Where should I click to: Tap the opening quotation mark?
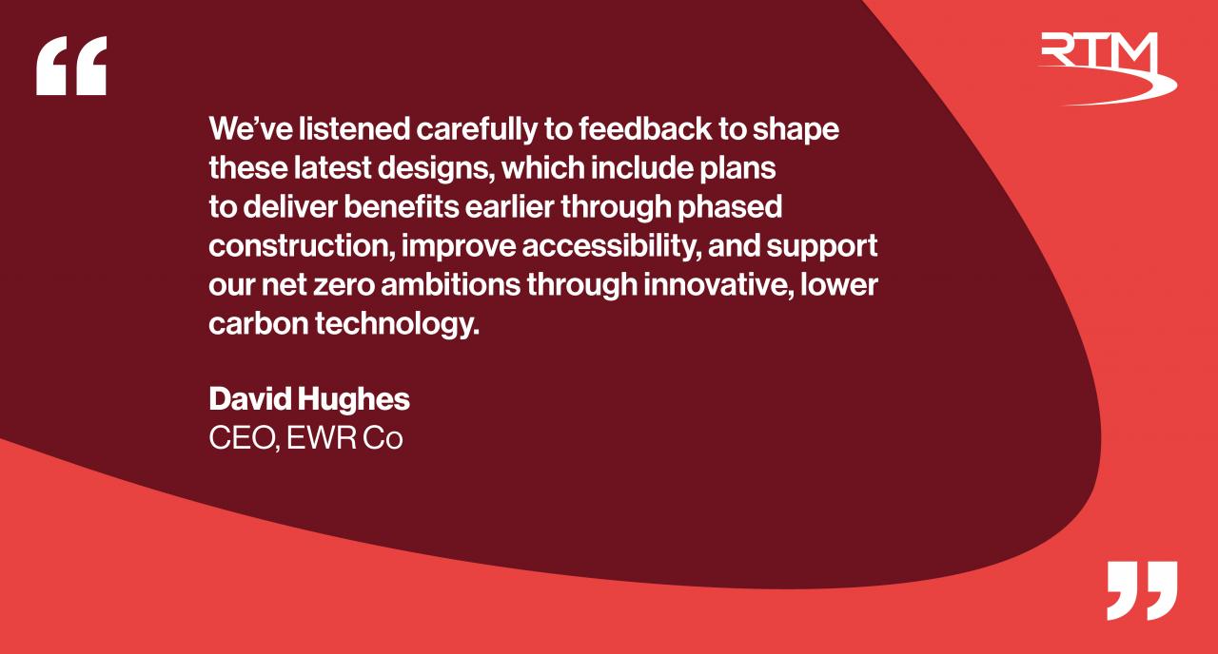tap(71, 66)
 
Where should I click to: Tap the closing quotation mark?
tap(1142, 590)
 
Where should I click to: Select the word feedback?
tap(645, 128)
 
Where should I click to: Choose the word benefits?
tap(402, 207)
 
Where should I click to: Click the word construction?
tap(302, 246)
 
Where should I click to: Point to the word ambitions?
tap(451, 285)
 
